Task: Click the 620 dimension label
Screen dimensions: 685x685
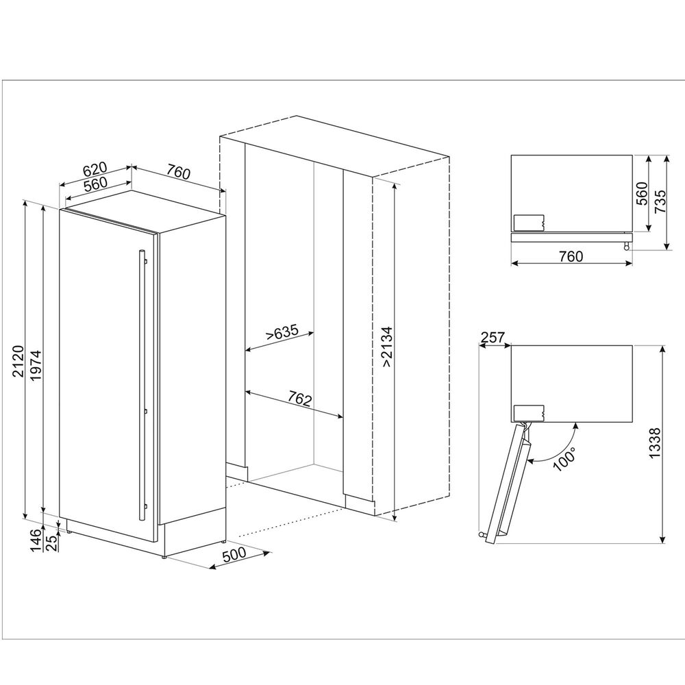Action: click(95, 169)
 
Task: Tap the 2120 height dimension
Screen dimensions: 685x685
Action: click(18, 361)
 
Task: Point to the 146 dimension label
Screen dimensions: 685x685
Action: click(37, 540)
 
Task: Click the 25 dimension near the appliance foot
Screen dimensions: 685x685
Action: click(51, 544)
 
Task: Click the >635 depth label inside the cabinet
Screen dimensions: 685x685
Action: click(283, 332)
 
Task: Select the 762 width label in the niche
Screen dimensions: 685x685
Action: click(300, 399)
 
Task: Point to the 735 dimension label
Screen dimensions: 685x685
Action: click(661, 201)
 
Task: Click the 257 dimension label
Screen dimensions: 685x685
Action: click(493, 337)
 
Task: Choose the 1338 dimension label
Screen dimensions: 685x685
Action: click(655, 443)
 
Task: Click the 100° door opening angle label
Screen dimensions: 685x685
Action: click(564, 459)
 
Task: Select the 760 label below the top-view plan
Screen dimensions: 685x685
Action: click(571, 256)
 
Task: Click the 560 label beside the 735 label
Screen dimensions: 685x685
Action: click(642, 194)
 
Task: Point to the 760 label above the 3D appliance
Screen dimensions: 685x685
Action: click(179, 173)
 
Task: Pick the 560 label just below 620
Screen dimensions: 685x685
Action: click(95, 184)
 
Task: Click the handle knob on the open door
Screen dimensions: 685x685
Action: click(482, 535)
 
